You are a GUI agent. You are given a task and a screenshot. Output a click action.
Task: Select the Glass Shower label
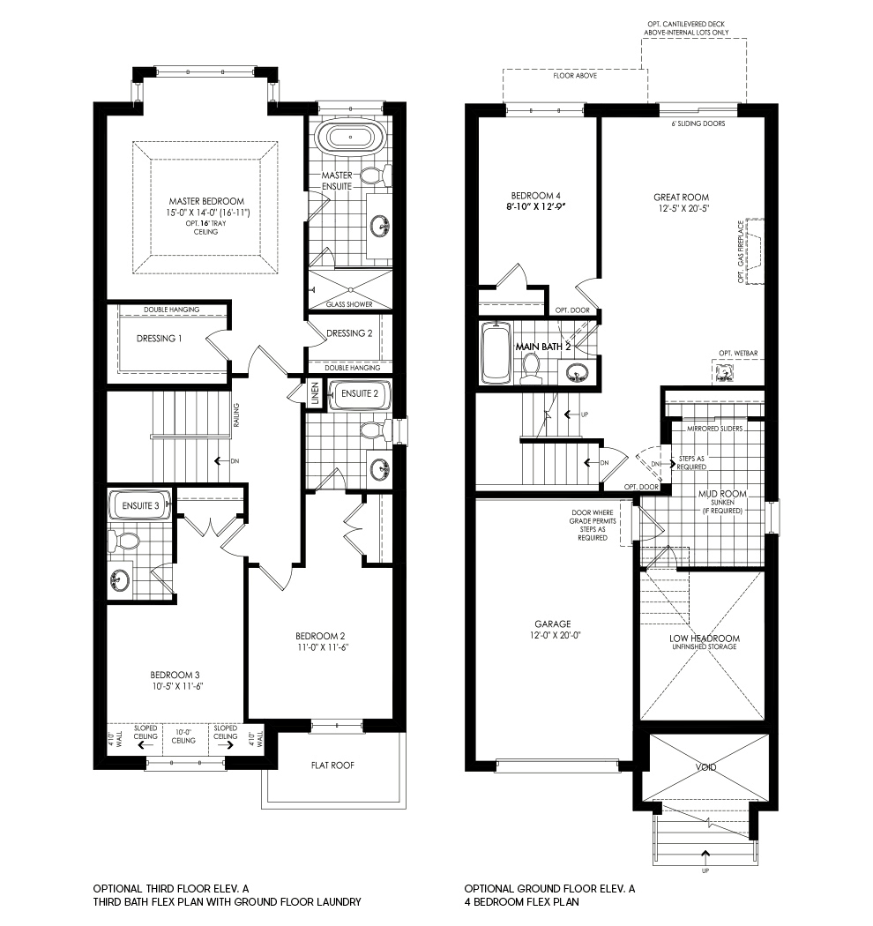(x=349, y=304)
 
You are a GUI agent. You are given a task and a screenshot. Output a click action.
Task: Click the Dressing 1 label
(x=160, y=338)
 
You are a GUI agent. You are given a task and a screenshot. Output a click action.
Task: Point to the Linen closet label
(x=313, y=391)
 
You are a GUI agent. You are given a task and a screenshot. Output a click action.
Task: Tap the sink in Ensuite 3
(x=119, y=581)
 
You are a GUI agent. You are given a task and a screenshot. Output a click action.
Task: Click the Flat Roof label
(x=332, y=765)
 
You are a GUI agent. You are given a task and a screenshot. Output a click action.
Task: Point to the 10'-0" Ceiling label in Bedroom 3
(x=184, y=735)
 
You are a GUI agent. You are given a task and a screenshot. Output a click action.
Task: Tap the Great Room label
(x=681, y=197)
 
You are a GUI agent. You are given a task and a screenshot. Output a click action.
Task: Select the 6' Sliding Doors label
(x=698, y=123)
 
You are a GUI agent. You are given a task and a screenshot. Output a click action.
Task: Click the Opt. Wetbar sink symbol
(x=726, y=373)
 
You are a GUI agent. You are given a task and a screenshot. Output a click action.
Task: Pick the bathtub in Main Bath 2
(x=496, y=352)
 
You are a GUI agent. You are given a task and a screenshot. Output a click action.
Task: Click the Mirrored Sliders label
(x=715, y=429)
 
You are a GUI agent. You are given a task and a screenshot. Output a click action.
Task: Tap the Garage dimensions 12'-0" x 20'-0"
(x=555, y=635)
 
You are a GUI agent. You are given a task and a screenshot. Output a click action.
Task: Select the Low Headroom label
(x=703, y=638)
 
